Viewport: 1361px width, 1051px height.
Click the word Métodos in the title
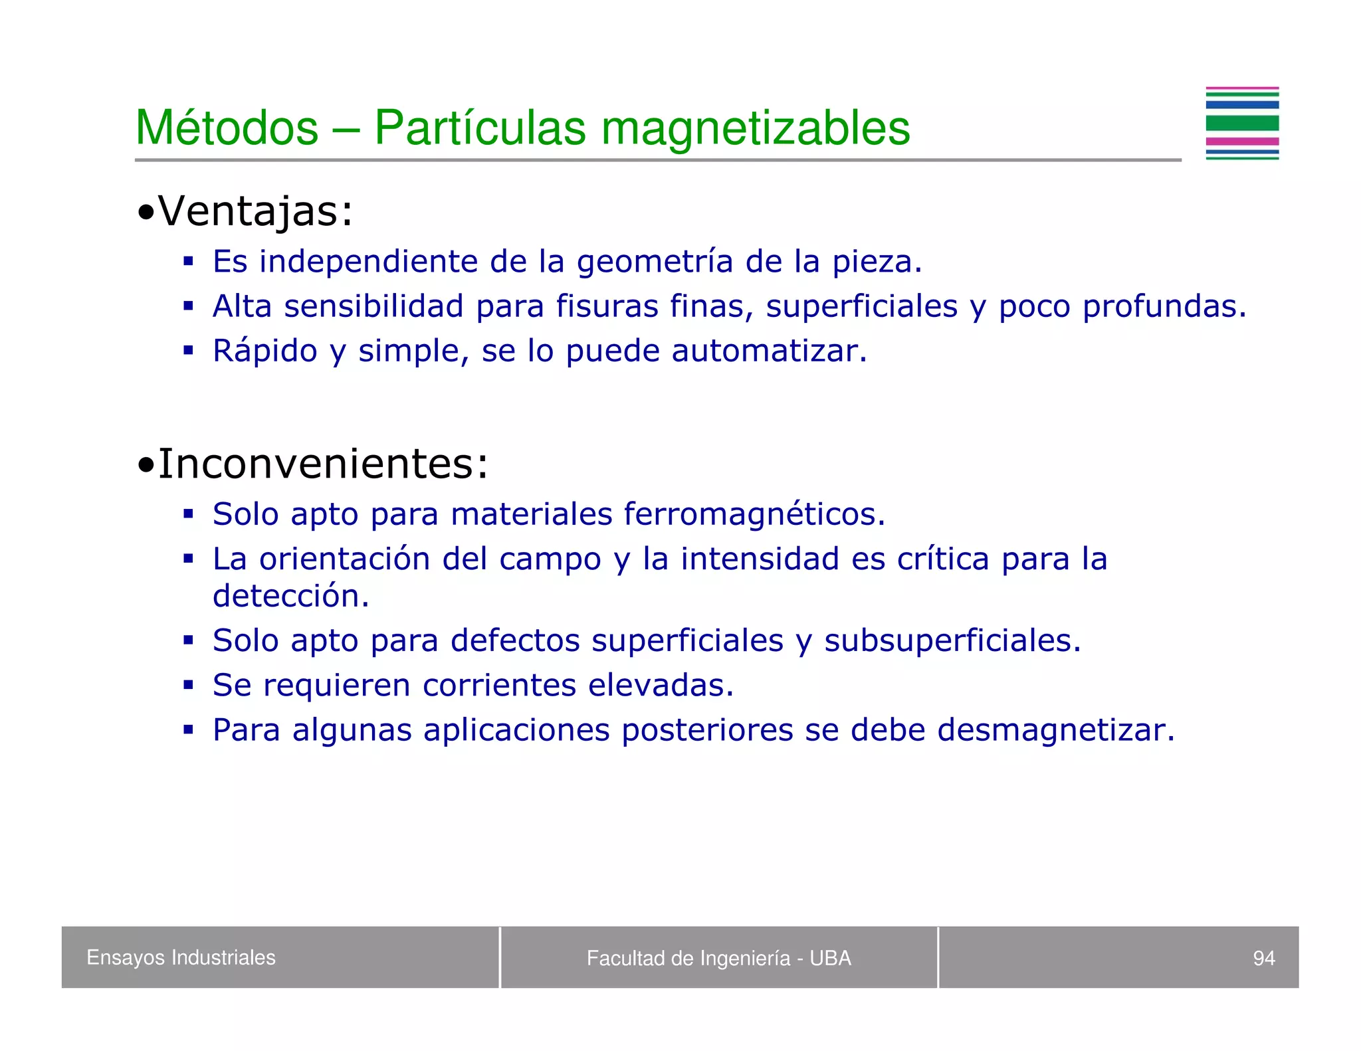coord(227,128)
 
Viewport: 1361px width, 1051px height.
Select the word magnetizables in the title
coord(756,128)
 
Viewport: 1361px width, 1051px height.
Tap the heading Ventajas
coord(255,211)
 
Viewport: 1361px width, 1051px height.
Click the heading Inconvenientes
coord(322,463)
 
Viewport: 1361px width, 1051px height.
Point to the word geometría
coord(655,262)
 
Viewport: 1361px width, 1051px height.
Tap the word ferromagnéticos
coord(754,514)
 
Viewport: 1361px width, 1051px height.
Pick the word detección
coord(290,595)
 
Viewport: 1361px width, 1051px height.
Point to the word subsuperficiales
coord(952,640)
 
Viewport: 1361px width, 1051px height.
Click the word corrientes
coord(499,685)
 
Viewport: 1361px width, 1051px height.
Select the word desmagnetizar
coord(1055,729)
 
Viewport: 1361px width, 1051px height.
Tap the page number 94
coord(1263,958)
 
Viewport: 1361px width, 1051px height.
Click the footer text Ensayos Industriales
coord(181,957)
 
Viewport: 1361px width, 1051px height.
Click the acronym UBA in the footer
coord(830,958)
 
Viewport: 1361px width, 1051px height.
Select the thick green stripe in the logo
coord(1242,123)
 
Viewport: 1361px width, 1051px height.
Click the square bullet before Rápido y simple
coord(189,350)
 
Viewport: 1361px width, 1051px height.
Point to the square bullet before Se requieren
coord(189,684)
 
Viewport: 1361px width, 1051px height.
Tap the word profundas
coord(1164,306)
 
